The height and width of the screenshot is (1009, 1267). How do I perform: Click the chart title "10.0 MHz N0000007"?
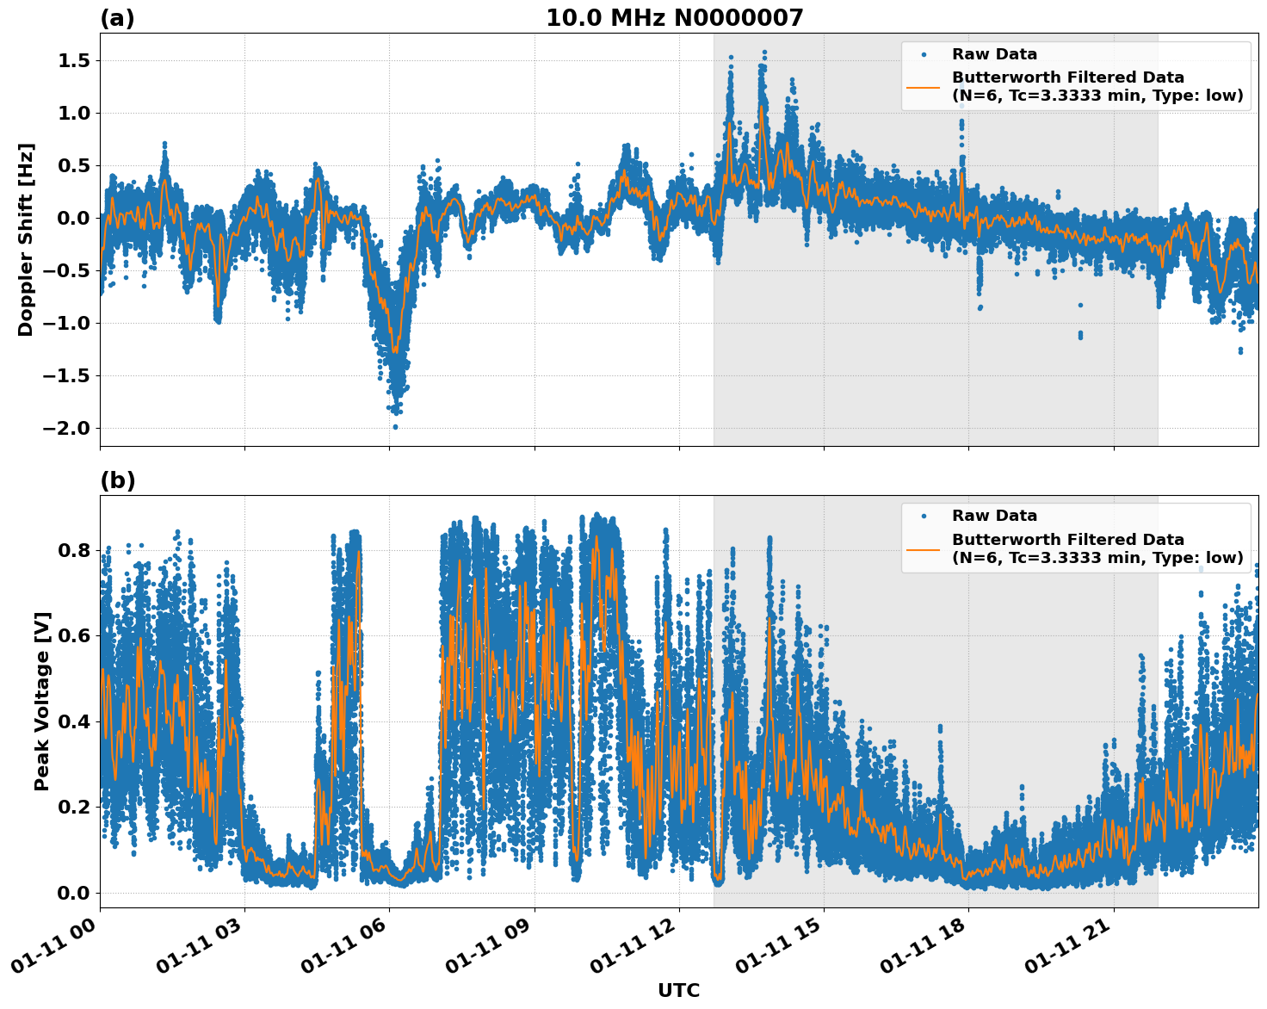coord(674,18)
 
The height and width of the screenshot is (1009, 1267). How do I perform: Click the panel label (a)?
coord(117,18)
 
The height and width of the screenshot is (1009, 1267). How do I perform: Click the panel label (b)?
coord(117,480)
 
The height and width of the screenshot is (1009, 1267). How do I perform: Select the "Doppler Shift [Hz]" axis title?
coord(26,239)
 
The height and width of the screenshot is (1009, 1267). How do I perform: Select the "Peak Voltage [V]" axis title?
coord(42,701)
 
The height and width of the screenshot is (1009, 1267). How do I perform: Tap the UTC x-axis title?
coord(678,990)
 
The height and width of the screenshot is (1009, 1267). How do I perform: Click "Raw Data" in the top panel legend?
coord(994,54)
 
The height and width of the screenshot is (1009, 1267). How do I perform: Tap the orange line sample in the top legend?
coord(923,87)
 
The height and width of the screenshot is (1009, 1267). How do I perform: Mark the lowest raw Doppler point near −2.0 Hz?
coord(395,426)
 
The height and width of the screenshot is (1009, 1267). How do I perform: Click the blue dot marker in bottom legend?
coord(923,516)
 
